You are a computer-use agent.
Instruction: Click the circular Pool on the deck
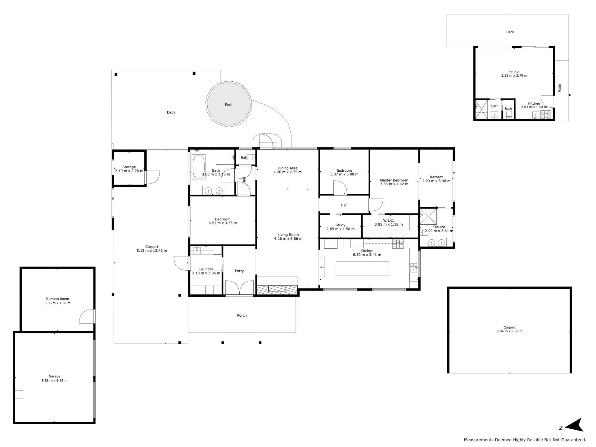[228, 104]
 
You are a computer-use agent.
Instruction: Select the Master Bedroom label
[394, 180]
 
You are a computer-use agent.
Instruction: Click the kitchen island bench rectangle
[362, 269]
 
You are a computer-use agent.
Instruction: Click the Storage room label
[129, 167]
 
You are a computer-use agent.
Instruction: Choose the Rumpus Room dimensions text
[57, 303]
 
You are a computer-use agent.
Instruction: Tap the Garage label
[54, 376]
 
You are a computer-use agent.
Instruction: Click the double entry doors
[239, 287]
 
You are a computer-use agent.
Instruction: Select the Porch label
[242, 315]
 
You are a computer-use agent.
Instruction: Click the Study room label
[341, 225]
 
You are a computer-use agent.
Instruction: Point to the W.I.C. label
[389, 220]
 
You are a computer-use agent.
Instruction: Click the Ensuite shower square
[428, 216]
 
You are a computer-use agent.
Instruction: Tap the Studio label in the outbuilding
[514, 72]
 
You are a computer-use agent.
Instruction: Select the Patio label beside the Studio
[560, 88]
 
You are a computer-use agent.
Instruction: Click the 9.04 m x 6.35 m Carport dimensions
[509, 331]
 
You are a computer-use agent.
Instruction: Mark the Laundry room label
[206, 269]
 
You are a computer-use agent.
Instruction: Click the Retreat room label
[436, 177]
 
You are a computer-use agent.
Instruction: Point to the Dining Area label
[287, 168]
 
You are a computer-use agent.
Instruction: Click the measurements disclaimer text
[525, 440]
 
